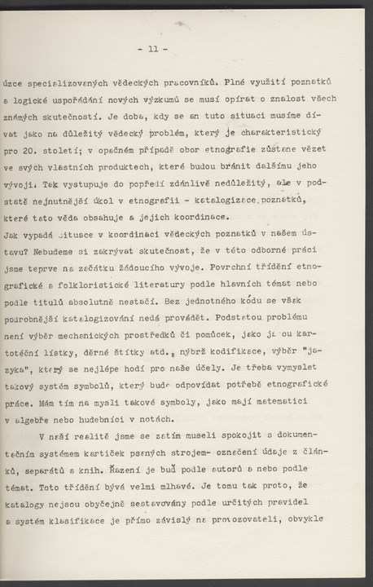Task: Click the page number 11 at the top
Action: pyautogui.click(x=154, y=49)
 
